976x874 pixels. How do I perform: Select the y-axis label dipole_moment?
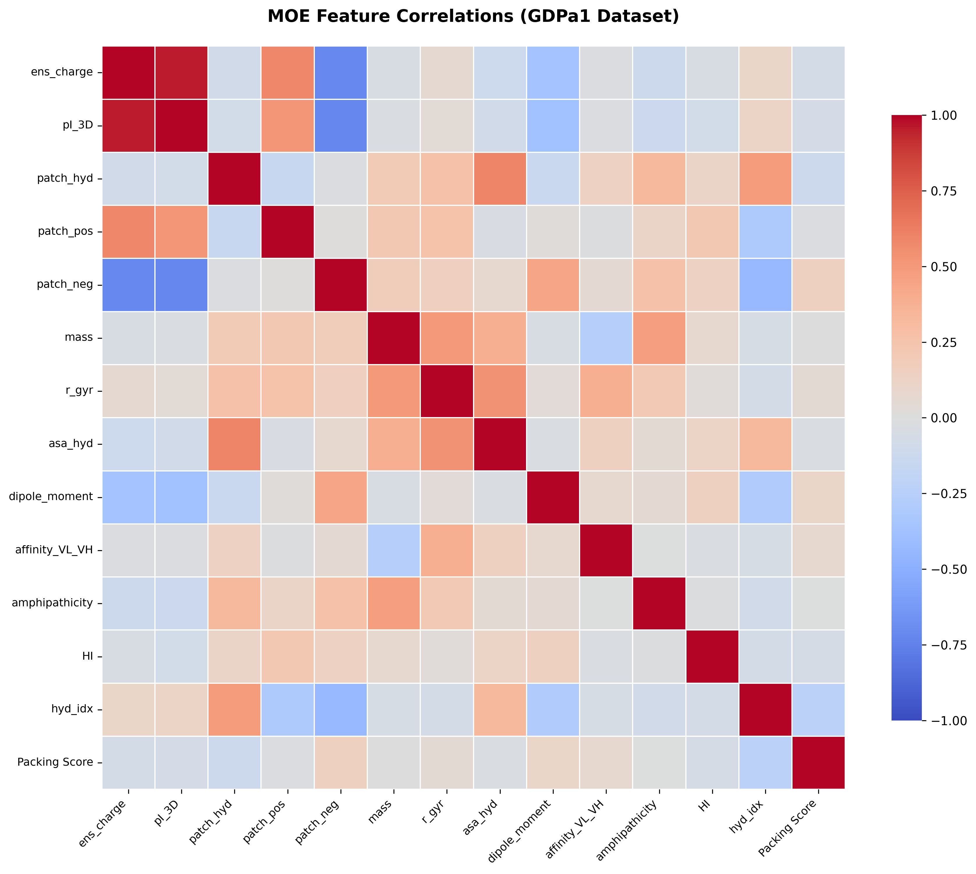pyautogui.click(x=51, y=497)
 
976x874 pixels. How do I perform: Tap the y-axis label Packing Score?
pyautogui.click(x=55, y=762)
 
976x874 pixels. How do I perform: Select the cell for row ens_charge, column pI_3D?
pyautogui.click(x=181, y=73)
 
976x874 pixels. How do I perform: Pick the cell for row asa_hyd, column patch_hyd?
pyautogui.click(x=234, y=444)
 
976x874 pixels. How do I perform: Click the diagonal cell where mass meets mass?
pyautogui.click(x=393, y=338)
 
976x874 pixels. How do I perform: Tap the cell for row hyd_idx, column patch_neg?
pyautogui.click(x=340, y=709)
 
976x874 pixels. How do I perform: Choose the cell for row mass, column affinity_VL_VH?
pyautogui.click(x=606, y=338)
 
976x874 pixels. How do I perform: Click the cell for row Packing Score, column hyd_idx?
pyautogui.click(x=765, y=762)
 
